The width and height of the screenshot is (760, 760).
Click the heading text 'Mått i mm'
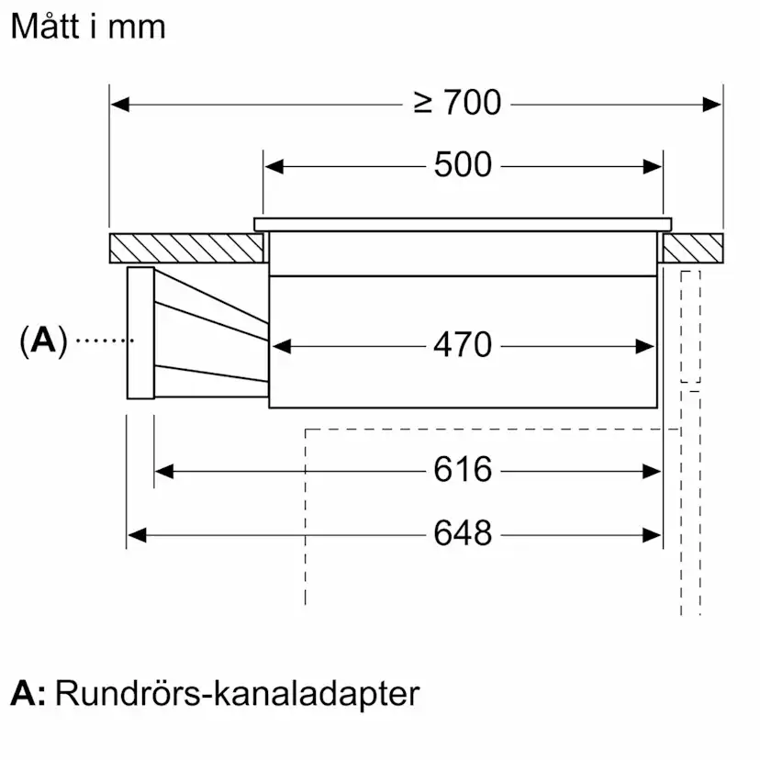(x=88, y=27)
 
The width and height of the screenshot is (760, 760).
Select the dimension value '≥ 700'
(x=457, y=104)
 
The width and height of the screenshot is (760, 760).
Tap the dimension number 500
(x=463, y=166)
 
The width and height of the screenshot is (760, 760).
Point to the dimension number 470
(x=463, y=346)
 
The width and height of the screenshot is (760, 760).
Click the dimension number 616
(x=463, y=471)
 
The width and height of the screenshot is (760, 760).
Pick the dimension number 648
(x=463, y=533)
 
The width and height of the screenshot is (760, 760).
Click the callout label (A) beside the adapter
(x=43, y=341)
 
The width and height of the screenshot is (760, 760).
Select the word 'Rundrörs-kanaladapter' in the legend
(x=237, y=693)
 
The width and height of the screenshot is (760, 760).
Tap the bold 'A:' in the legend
(x=28, y=693)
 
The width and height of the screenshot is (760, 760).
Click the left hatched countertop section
(x=186, y=247)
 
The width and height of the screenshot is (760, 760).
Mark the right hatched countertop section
(x=693, y=247)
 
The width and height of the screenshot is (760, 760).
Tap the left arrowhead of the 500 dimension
(x=274, y=167)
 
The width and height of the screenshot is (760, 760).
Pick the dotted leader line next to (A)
(x=104, y=341)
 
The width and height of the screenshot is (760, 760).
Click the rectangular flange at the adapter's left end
(x=140, y=333)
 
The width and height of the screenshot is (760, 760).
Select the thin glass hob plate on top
(x=463, y=224)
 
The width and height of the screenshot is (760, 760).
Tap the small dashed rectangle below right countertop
(x=690, y=327)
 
